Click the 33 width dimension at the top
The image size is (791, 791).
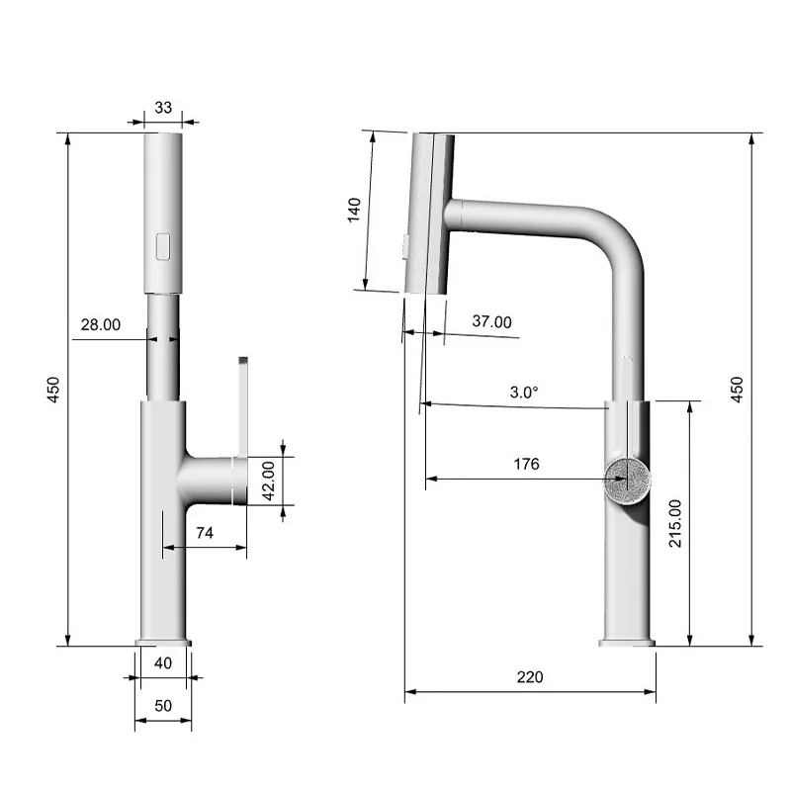[x=163, y=108]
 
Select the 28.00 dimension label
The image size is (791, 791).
[x=101, y=324]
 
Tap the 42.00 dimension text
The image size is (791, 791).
[x=268, y=480]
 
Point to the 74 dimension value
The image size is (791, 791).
[x=205, y=533]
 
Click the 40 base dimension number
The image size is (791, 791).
[x=163, y=663]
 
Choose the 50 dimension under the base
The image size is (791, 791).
[x=163, y=705]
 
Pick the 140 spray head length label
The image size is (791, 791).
[x=355, y=211]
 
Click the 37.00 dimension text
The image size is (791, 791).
[x=491, y=321]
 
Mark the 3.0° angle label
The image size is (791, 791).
[x=524, y=393]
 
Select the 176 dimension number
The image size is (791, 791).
[x=527, y=464]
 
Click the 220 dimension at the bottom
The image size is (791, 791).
[x=530, y=677]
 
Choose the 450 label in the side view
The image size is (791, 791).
[x=736, y=389]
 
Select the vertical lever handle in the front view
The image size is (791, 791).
[x=241, y=405]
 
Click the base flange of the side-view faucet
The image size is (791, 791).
[x=627, y=644]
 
